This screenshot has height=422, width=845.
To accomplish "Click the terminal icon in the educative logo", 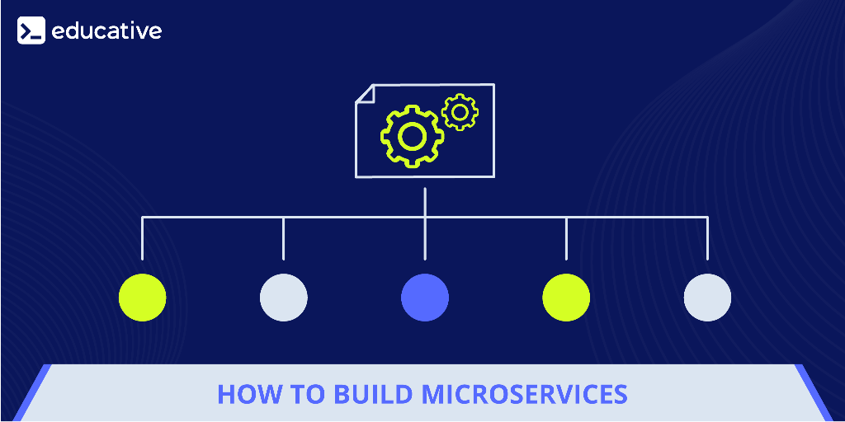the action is coord(31,30).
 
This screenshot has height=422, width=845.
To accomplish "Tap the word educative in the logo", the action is coord(106,30).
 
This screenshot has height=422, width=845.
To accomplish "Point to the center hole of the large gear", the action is coord(413,136).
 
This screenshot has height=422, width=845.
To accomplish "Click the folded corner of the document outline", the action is coord(365,93).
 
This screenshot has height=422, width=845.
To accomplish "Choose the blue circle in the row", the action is coord(425,297).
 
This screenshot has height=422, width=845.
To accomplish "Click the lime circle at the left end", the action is coord(142,297).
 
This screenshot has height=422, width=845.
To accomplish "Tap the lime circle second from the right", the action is coord(566,297).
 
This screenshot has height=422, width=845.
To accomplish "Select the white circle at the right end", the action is coord(707,297).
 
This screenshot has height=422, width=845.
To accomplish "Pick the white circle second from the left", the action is coord(284,297).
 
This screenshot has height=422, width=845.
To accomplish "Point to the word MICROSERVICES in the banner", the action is coord(525,395).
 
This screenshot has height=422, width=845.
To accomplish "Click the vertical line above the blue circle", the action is coord(425,224).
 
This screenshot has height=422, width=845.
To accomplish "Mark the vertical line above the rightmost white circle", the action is coord(707,238).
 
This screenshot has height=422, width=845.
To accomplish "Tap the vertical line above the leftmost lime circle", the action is coord(142,238).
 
